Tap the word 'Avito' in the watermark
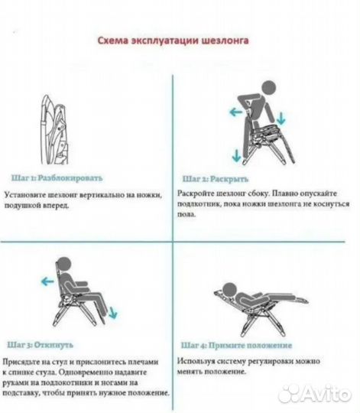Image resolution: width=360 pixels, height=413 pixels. pyautogui.click(x=327, y=393)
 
